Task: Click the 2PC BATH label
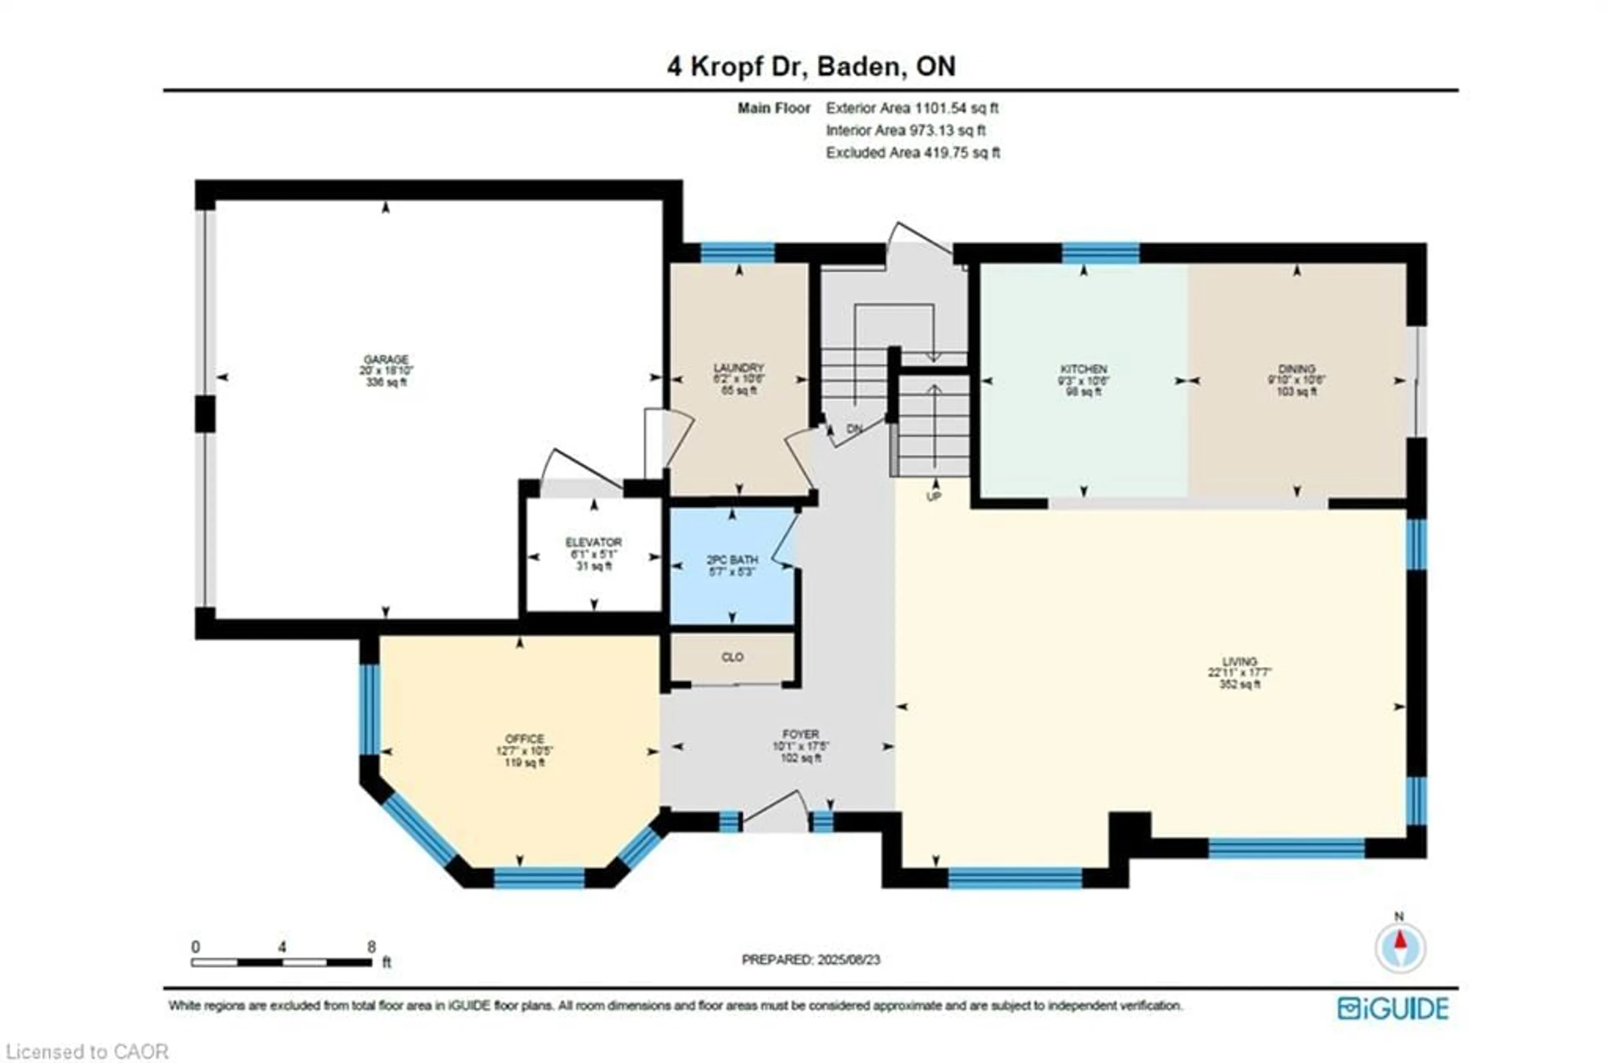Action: coord(732,561)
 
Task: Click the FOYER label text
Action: coord(801,734)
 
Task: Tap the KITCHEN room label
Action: coord(1083,369)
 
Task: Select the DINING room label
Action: coord(1296,369)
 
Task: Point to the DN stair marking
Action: coord(854,429)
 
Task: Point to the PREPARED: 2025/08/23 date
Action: coord(811,960)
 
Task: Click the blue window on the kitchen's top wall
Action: coord(1100,253)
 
